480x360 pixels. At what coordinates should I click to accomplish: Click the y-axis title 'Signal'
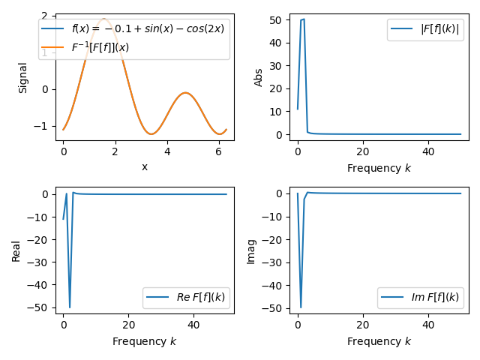(22, 77)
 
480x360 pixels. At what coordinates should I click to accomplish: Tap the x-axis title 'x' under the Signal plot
(145, 167)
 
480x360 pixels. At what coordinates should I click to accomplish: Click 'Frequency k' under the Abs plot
(379, 168)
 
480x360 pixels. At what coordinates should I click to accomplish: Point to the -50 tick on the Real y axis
(39, 308)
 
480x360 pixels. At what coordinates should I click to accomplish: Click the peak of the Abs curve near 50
(304, 19)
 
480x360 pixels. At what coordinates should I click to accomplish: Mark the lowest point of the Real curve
(70, 307)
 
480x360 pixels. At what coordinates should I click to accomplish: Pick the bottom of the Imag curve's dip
(301, 307)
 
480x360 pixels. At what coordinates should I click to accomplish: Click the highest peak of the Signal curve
(103, 19)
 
